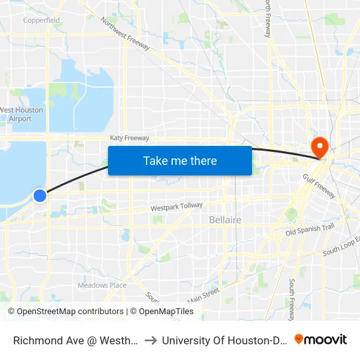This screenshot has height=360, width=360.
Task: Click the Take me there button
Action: (180, 160)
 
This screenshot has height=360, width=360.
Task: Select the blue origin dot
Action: (40, 195)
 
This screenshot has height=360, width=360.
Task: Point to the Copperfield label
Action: (41, 20)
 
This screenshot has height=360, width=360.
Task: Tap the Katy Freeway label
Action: (130, 138)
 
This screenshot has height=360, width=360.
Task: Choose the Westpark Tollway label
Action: (177, 207)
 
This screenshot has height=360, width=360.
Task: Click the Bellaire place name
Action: (225, 220)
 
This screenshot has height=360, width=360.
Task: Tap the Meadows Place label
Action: (101, 285)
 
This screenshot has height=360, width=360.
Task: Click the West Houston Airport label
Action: (22, 115)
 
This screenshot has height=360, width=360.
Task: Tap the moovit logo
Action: (321, 339)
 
